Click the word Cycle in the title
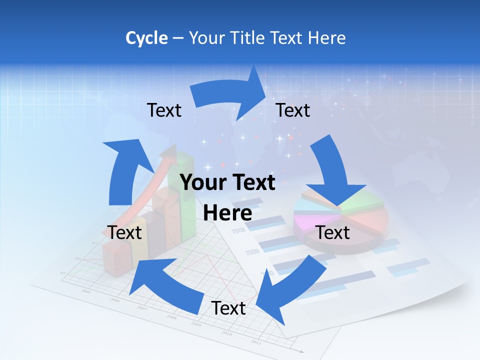[146, 38]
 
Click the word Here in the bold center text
[227, 213]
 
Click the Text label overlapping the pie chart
[333, 232]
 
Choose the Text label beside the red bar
[124, 232]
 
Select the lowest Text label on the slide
[228, 308]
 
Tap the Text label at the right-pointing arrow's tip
[293, 110]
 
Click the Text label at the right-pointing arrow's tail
[164, 110]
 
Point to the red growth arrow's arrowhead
[172, 152]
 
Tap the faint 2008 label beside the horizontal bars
[238, 230]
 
